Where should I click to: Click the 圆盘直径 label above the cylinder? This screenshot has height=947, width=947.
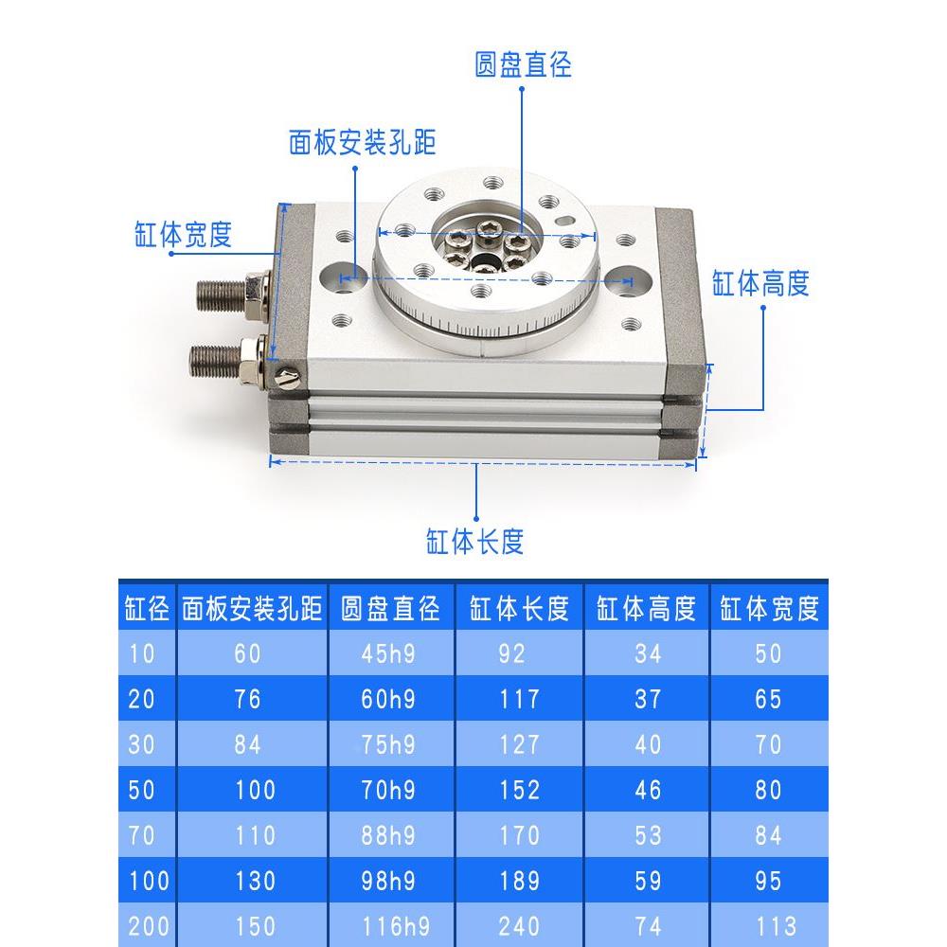pos(523,65)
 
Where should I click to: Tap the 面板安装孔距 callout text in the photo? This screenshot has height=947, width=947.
pos(362,143)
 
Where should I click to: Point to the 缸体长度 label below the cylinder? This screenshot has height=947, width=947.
pos(474,542)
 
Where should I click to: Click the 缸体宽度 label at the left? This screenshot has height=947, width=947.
pos(183,235)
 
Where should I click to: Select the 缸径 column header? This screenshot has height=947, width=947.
pos(147,609)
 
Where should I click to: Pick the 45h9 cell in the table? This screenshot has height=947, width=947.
pos(388,654)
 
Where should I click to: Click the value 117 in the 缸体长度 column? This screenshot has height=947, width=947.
pos(519,700)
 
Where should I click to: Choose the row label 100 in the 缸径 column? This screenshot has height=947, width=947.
pos(147,881)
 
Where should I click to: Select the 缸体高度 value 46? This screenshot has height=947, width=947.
pos(648,790)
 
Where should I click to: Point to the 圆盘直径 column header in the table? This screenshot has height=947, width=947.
pos(390,609)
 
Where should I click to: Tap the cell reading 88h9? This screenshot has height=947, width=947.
pos(388,835)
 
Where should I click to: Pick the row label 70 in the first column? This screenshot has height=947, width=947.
pos(141,835)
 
